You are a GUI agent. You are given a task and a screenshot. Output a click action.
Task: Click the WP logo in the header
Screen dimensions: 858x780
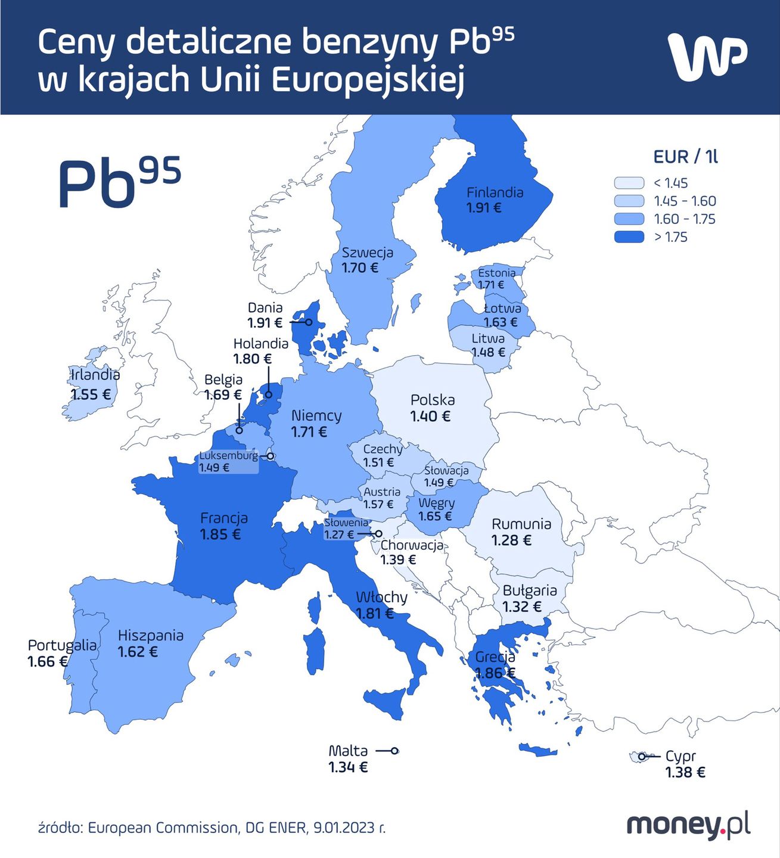tap(707, 57)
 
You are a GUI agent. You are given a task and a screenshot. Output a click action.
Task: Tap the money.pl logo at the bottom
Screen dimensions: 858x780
tap(688, 826)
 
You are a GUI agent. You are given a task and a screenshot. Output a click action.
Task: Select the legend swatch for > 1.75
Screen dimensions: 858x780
tap(629, 237)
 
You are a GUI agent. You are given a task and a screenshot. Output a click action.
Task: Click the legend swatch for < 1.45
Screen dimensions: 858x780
tap(629, 183)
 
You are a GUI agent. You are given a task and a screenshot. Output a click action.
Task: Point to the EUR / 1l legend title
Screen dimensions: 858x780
tap(685, 157)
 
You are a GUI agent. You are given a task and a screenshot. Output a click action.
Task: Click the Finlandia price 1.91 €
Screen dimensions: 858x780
tap(483, 208)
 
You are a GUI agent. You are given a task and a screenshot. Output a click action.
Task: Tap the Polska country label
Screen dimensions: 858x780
tap(433, 400)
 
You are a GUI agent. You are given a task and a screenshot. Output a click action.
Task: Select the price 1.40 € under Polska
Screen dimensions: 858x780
tap(430, 416)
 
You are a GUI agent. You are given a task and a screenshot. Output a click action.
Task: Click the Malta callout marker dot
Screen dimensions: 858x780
tap(394, 751)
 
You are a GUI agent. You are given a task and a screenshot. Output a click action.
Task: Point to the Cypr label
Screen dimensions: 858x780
tap(680, 756)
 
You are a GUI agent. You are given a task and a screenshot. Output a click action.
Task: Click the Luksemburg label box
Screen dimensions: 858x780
tap(228, 462)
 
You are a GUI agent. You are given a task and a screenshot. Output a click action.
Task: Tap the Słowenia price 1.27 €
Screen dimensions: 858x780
tap(339, 534)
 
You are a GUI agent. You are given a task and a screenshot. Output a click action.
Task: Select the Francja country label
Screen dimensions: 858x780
tap(223, 518)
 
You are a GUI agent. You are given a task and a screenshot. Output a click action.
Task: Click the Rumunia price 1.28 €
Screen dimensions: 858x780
tap(511, 540)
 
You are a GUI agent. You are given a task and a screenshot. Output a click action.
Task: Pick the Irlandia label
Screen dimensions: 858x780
tap(95, 375)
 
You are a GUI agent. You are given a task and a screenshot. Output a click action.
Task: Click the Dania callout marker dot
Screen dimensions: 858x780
tap(309, 322)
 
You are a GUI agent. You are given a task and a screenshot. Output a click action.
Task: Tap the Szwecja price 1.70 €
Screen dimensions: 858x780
tap(360, 268)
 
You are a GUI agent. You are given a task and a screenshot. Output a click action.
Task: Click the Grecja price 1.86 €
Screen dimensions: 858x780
tap(495, 673)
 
